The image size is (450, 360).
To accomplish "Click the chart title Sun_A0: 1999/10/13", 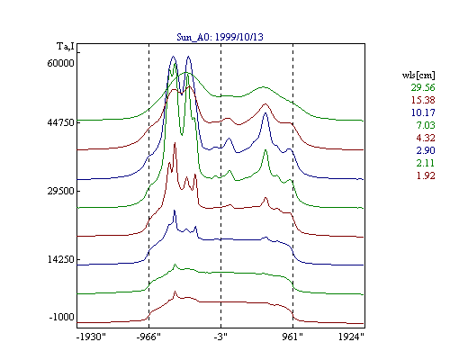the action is tap(220, 37).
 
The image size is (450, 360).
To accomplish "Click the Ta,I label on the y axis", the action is tap(66, 47).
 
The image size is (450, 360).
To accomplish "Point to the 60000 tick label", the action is tap(60, 63).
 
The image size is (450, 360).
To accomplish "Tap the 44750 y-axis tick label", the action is tap(60, 122).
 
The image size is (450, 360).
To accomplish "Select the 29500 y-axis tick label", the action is tap(60, 191).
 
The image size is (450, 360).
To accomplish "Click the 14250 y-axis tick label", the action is tap(60, 259).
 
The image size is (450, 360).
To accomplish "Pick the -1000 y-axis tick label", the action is tap(61, 317).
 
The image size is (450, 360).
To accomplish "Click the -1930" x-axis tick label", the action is tap(91, 337).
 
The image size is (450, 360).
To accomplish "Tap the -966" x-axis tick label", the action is tap(148, 337).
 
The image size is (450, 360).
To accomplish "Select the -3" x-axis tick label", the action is tap(220, 337).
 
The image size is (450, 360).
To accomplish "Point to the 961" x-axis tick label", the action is tap(292, 337).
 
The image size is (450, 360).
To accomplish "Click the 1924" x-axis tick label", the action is tap(351, 337).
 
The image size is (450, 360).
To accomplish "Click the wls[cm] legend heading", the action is tap(418, 75).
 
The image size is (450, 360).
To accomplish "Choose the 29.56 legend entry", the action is tap(423, 87).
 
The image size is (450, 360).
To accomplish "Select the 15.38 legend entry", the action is tap(423, 100).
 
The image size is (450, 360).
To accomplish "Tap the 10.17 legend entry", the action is tap(423, 112).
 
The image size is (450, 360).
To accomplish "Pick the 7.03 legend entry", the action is tap(426, 125).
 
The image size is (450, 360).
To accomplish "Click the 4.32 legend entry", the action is tap(426, 138).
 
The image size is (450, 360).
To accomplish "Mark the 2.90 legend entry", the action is tap(426, 150).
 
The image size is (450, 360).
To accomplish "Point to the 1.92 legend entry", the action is tap(426, 175).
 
